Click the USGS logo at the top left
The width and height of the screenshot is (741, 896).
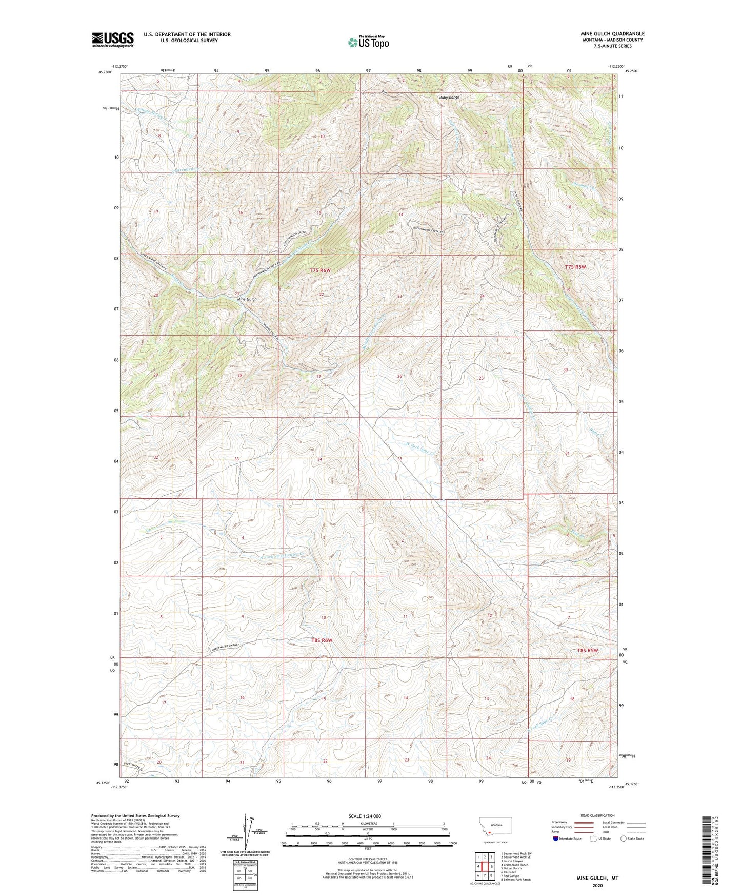113,40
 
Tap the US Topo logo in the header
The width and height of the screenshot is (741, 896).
368,42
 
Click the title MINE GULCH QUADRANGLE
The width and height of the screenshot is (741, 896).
610,34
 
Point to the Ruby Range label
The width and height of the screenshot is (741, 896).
448,97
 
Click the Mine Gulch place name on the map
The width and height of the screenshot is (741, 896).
247,299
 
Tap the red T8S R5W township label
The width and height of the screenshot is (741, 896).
588,651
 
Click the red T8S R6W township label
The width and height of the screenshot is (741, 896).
322,640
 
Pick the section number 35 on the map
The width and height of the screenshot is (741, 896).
399,459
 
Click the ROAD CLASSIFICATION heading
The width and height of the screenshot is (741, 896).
597,815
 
